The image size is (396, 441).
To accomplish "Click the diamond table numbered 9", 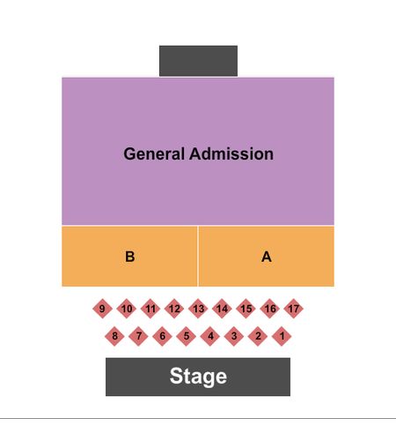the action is coord(102,309).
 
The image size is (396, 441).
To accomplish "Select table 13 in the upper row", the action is coord(198,309).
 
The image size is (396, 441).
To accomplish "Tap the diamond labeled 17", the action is coord(294,309).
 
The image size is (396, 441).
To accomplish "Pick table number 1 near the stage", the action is coord(282,336).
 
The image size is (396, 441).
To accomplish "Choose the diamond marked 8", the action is coord(114,336).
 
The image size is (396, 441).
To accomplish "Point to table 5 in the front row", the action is coord(186,336).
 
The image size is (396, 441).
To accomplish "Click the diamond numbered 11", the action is coord(150,309).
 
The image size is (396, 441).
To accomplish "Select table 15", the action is coord(246,309).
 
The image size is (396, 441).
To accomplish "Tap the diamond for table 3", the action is coord(234,336).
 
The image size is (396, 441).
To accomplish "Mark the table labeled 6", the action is coord(162,336).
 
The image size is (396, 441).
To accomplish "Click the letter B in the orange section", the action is coord(130,257).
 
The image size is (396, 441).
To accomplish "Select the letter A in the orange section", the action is coord(267,257).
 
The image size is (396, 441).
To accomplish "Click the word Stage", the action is coord(198,377).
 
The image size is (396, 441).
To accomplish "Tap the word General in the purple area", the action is coord(154,153).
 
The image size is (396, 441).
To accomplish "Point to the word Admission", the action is coord(231,153).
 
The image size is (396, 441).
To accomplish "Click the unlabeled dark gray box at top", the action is coord(198,61).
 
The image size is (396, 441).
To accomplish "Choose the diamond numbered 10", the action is coord(127,309).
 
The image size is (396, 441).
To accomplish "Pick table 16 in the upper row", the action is coord(270,309).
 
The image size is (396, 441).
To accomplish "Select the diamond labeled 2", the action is coord(258,336).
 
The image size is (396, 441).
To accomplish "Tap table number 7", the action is coord(138,336).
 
